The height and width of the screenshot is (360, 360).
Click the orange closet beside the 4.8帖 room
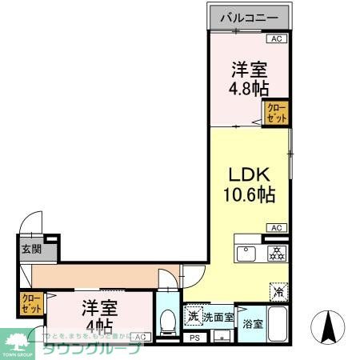click(276, 113)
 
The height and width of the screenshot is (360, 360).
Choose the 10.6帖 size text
click(249, 194)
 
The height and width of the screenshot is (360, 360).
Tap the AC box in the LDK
click(276, 228)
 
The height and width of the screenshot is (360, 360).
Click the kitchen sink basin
click(246, 254)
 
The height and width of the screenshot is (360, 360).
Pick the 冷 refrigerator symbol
click(278, 292)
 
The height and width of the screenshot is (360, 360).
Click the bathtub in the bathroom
click(277, 326)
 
